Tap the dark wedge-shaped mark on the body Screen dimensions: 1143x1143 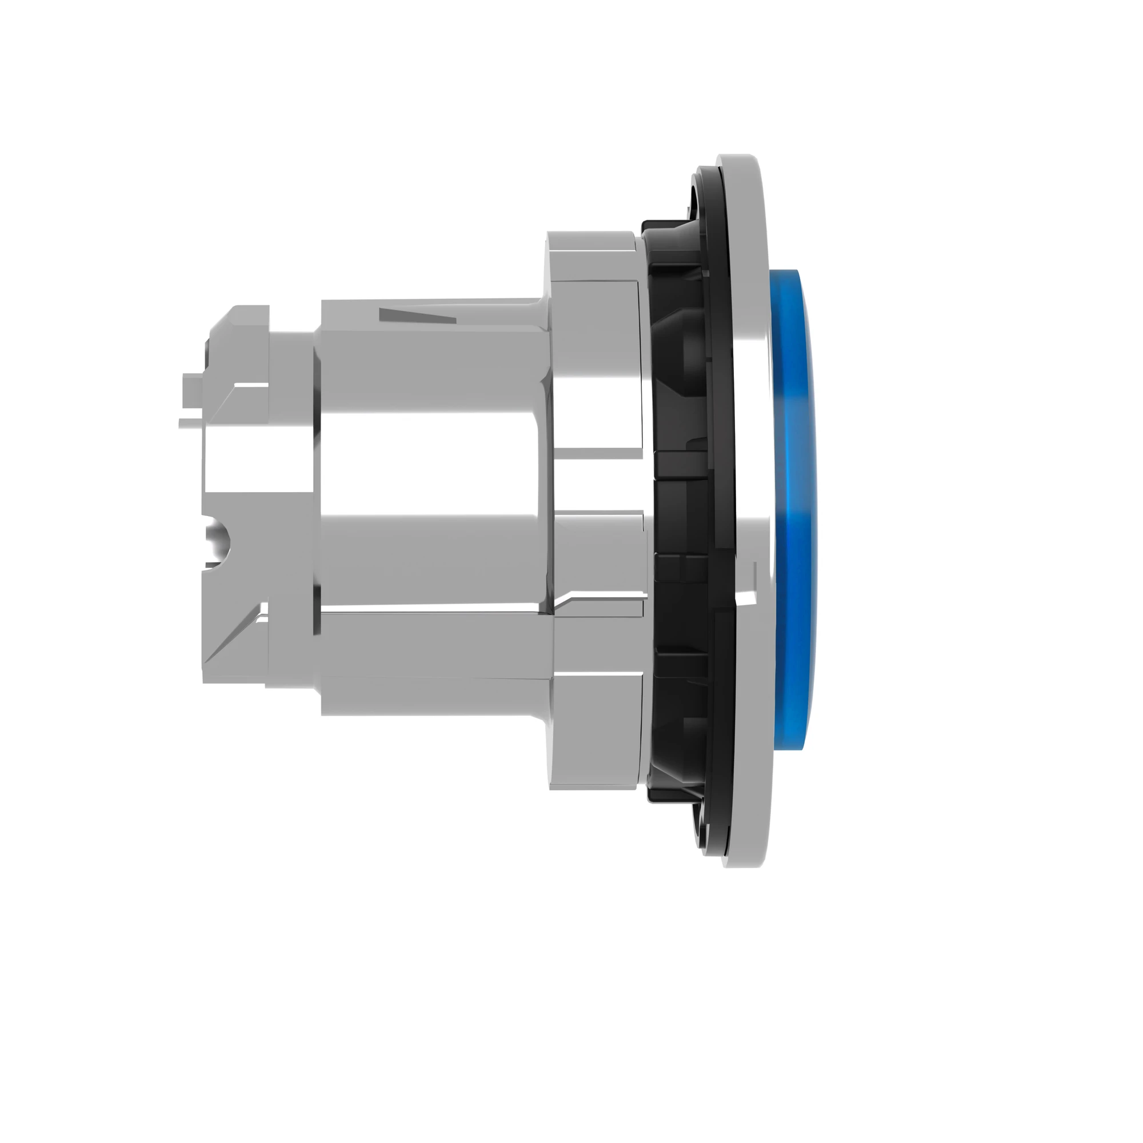coord(417,317)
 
